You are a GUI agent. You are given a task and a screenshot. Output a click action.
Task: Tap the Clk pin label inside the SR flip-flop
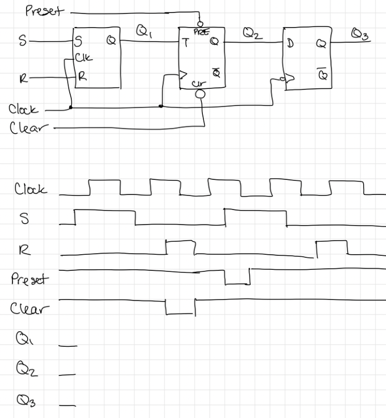click(x=84, y=59)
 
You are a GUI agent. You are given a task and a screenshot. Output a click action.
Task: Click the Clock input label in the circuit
click(x=23, y=109)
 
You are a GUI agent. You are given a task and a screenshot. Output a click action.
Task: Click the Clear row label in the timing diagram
click(x=29, y=309)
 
